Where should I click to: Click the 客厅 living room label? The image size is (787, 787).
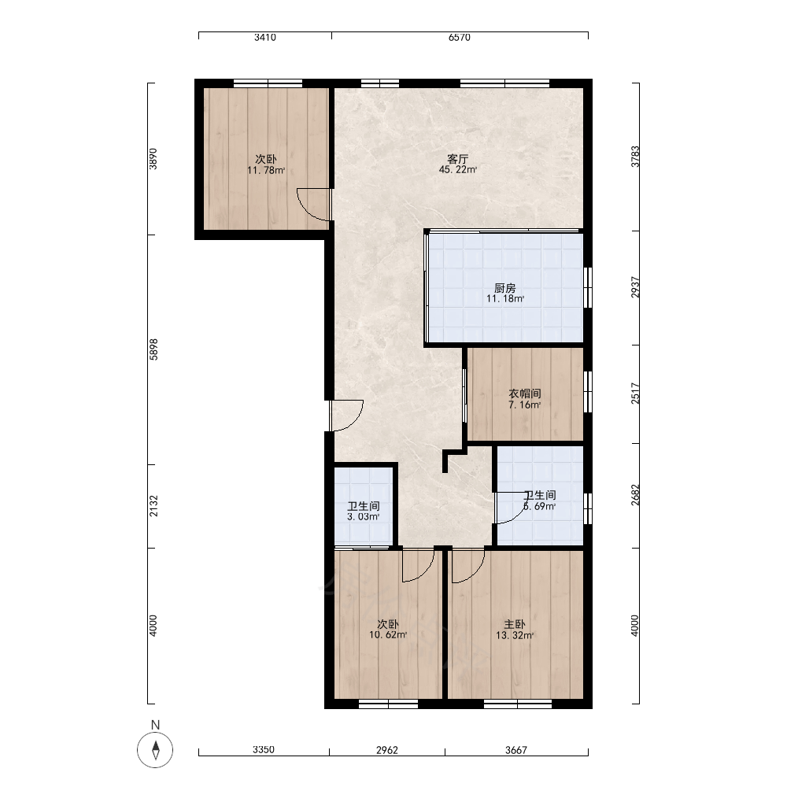click(x=458, y=159)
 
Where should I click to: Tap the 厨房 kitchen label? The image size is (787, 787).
click(x=505, y=288)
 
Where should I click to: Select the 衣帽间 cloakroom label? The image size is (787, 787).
click(x=525, y=394)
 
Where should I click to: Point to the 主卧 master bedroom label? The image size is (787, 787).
click(x=515, y=624)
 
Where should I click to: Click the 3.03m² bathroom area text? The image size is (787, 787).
click(x=364, y=517)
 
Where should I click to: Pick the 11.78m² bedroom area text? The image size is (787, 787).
click(x=266, y=170)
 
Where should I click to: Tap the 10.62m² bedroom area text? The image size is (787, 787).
click(x=388, y=635)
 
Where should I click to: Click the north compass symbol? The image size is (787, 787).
click(x=155, y=750)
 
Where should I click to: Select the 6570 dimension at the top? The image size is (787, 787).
click(x=460, y=37)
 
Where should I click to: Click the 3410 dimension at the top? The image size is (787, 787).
click(x=265, y=37)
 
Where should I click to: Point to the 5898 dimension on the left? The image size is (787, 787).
click(x=153, y=349)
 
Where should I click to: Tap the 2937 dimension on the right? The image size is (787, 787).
click(x=635, y=287)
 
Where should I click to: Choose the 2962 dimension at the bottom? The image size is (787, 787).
click(x=387, y=750)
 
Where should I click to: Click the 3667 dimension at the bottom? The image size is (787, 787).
click(x=516, y=750)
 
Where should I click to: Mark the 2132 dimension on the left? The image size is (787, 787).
click(x=153, y=506)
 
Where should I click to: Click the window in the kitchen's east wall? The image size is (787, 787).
click(x=588, y=287)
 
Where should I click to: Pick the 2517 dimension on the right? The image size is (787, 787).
click(x=635, y=393)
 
